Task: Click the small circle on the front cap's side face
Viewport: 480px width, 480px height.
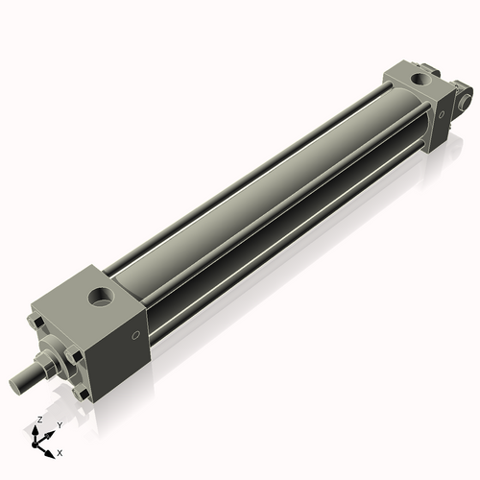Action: pyautogui.click(x=135, y=335)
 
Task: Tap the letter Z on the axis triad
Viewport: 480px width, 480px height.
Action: pyautogui.click(x=39, y=420)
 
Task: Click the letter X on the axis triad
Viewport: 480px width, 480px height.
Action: pyautogui.click(x=60, y=451)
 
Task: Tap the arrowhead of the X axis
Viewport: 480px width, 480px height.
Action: pyautogui.click(x=52, y=449)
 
